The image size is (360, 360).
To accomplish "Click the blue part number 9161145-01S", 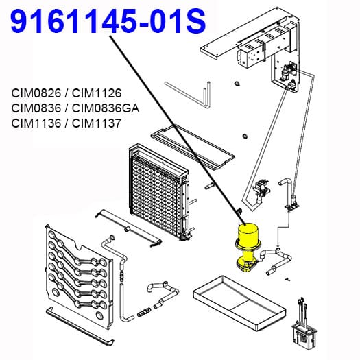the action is [x=108, y=21].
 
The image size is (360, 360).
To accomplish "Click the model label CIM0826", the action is [x=36, y=93].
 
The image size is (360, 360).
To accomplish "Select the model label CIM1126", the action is [x=97, y=93].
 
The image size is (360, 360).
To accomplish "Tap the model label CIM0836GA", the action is [x=106, y=108].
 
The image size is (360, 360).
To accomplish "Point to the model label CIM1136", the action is [x=36, y=123].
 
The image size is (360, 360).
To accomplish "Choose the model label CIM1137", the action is [x=97, y=123].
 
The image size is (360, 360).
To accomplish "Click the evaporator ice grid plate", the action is [x=158, y=192].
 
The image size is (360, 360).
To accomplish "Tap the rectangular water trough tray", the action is [x=239, y=302].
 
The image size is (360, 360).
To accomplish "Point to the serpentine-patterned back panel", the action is [x=80, y=276].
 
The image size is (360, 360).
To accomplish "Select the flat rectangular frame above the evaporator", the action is [x=193, y=147].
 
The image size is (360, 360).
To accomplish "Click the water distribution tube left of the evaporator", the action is [x=129, y=228].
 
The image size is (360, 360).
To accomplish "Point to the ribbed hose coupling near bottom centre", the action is [x=144, y=312].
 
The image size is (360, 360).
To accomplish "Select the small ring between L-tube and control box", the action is [x=237, y=84].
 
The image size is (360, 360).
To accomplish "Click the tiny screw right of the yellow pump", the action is [x=287, y=279].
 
